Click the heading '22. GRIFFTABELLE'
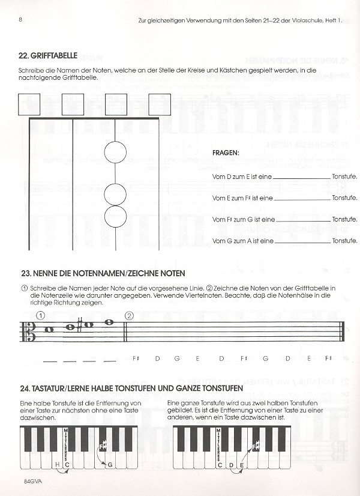(48, 56)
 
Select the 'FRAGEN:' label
(226, 153)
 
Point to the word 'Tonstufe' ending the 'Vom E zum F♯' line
(344, 198)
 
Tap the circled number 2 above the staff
(129, 316)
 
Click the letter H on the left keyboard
(58, 464)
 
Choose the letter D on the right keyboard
(232, 464)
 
